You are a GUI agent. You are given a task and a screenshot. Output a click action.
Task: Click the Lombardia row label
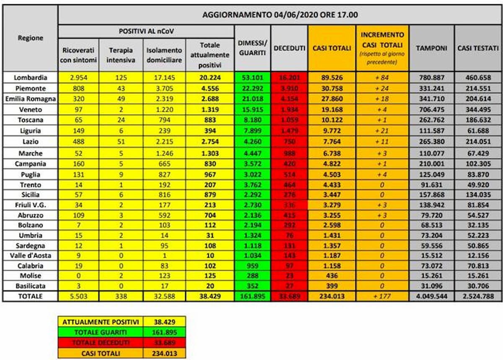(30, 78)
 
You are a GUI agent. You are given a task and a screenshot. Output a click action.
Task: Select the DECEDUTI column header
(289, 48)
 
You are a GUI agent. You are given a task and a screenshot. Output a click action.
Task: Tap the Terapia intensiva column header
(121, 55)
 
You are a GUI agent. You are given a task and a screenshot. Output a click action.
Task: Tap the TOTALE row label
(30, 296)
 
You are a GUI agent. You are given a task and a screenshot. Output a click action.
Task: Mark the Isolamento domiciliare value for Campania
(164, 164)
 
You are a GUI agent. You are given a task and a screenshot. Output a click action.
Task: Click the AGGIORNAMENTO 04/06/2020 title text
(280, 15)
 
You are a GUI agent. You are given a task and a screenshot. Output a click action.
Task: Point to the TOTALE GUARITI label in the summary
(100, 332)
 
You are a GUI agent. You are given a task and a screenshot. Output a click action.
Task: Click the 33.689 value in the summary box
(164, 343)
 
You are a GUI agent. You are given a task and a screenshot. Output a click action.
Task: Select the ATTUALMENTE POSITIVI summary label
(100, 322)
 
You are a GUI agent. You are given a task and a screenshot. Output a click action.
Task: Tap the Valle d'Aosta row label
(30, 255)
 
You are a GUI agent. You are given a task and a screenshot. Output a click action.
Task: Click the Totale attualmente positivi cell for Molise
(210, 276)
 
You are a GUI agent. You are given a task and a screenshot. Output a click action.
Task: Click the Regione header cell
(30, 38)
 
